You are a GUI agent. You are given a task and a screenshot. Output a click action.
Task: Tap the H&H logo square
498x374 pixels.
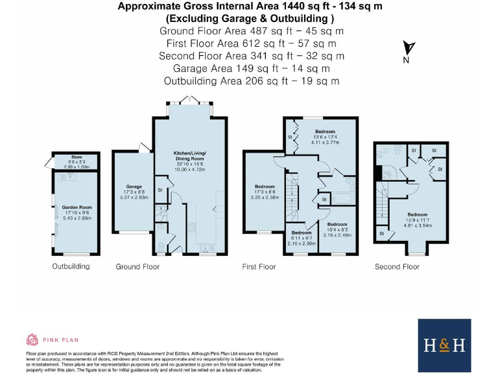(444, 344)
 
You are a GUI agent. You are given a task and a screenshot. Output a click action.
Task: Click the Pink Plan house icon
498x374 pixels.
(32, 339)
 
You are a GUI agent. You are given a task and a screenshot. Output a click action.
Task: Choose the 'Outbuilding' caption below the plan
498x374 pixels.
(71, 266)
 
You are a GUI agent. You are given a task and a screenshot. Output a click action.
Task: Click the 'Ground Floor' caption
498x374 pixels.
(137, 266)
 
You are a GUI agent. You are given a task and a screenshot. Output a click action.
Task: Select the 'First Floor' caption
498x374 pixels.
(259, 266)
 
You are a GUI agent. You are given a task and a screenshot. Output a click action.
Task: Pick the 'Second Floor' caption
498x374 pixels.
(397, 266)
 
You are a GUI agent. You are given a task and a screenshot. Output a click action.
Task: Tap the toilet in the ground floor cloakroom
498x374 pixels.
(161, 246)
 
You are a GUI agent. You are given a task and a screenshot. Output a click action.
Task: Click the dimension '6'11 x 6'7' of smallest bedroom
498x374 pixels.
(301, 238)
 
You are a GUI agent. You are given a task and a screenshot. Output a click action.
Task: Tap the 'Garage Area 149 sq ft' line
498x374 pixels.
(252, 68)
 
